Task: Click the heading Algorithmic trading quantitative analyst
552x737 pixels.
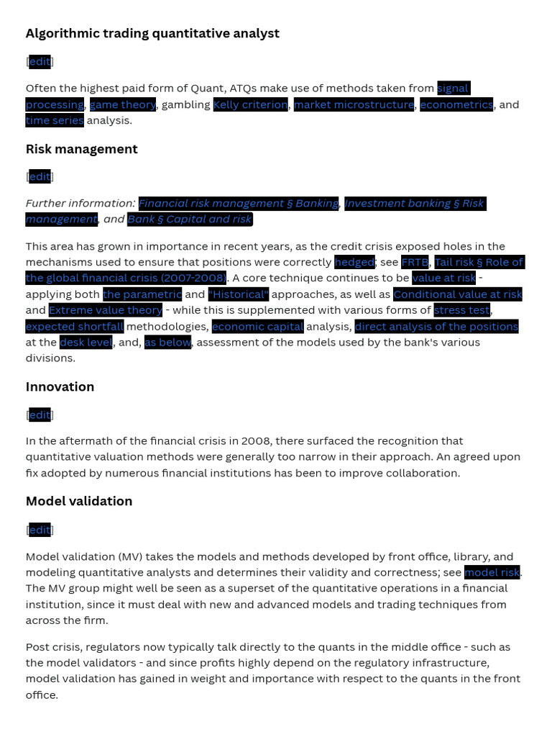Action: point(152,33)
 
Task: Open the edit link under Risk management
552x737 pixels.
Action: point(40,176)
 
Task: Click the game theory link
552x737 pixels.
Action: point(123,104)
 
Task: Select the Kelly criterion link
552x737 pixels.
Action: point(251,104)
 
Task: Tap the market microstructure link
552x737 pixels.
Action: point(354,104)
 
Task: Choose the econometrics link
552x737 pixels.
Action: point(456,104)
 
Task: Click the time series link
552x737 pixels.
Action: point(55,120)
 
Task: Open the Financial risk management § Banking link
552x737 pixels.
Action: point(238,203)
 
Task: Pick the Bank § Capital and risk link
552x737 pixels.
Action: point(190,219)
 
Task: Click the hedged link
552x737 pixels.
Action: point(354,262)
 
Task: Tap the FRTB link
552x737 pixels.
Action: point(415,262)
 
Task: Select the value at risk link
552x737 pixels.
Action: point(443,278)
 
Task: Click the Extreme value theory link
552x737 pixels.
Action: point(106,310)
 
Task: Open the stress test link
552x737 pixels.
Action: point(462,310)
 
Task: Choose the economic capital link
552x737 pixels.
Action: point(257,326)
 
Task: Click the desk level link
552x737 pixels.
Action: point(86,342)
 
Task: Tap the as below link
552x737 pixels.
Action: point(167,342)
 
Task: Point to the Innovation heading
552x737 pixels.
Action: point(60,386)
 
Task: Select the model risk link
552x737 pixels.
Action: point(492,572)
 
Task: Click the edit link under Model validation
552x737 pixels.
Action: point(40,530)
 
